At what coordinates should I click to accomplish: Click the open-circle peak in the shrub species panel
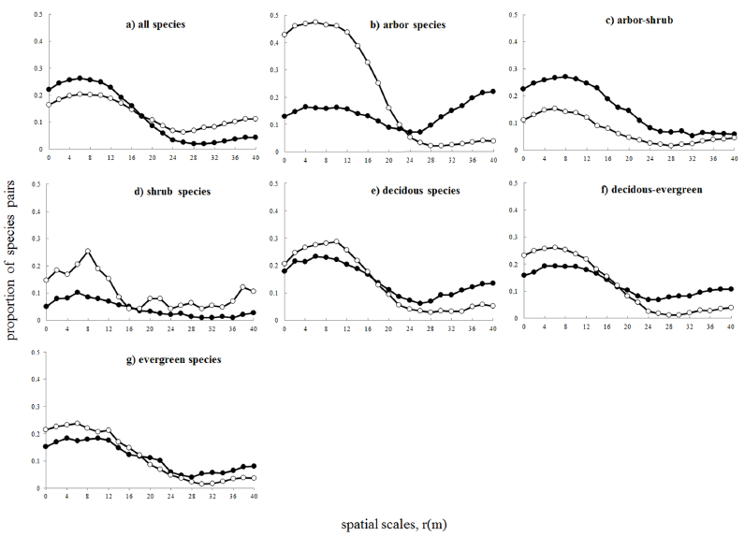[88, 252]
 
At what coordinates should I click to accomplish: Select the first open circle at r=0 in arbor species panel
[285, 35]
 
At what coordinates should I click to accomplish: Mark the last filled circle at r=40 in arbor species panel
[493, 92]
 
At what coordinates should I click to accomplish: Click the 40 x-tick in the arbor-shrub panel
[733, 157]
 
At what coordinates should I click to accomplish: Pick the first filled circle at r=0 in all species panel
[48, 90]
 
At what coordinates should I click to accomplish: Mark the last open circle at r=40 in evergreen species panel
[254, 478]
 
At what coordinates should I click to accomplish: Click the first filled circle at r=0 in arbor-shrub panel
[523, 89]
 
